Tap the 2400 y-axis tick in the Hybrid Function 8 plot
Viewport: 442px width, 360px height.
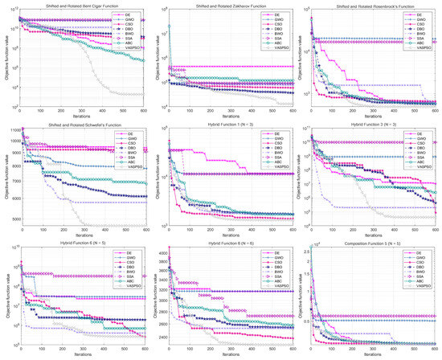click(162, 337)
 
